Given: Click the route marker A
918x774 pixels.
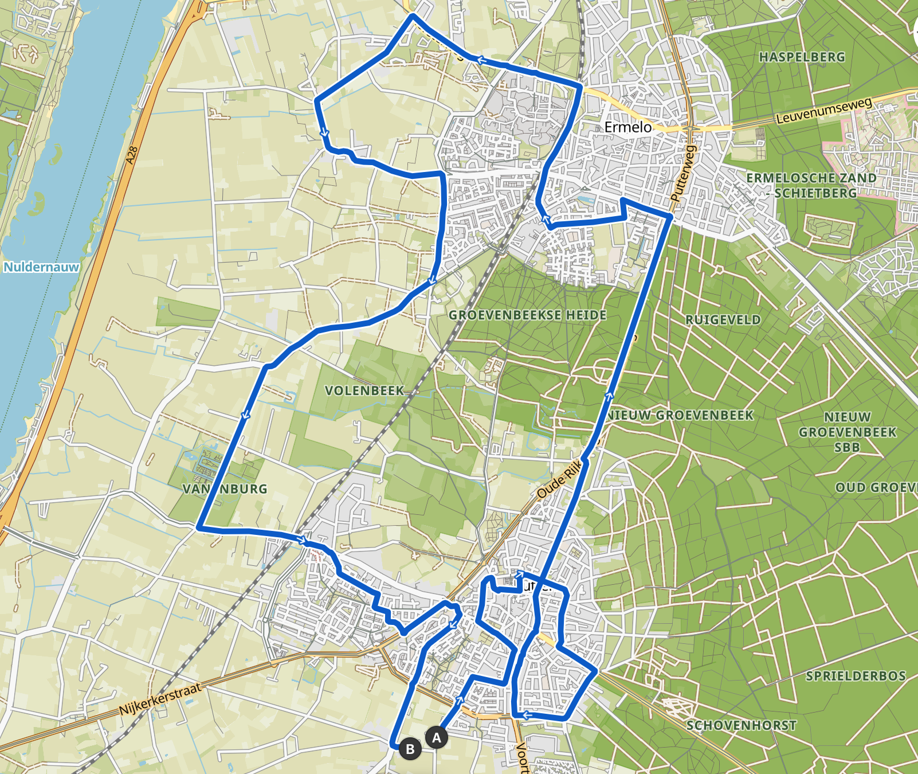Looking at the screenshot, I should click(436, 737).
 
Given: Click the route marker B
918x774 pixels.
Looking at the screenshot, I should click(410, 749).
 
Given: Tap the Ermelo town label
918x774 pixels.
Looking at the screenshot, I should click(628, 127).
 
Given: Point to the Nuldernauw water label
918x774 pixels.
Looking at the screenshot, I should click(41, 267).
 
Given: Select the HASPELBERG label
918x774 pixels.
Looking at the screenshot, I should click(802, 57).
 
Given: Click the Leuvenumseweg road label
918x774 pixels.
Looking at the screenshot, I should click(823, 111).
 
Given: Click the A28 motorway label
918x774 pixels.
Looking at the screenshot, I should click(132, 155).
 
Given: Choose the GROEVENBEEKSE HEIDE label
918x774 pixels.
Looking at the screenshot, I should click(527, 315).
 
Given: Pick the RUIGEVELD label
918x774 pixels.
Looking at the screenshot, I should click(723, 319).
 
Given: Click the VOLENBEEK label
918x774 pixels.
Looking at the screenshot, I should click(364, 390).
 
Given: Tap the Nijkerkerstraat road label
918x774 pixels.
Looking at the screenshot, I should click(160, 699).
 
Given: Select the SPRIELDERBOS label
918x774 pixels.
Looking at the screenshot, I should click(856, 676).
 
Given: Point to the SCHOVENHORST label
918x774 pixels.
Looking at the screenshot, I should click(741, 725).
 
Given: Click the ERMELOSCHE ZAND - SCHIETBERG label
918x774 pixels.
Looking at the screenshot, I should click(811, 185).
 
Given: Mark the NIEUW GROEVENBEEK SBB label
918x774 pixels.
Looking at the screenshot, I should click(847, 432).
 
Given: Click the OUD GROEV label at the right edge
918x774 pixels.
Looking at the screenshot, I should click(876, 487).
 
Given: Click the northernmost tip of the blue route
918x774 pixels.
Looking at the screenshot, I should click(413, 16).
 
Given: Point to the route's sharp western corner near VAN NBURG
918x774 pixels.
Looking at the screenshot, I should click(199, 526).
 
